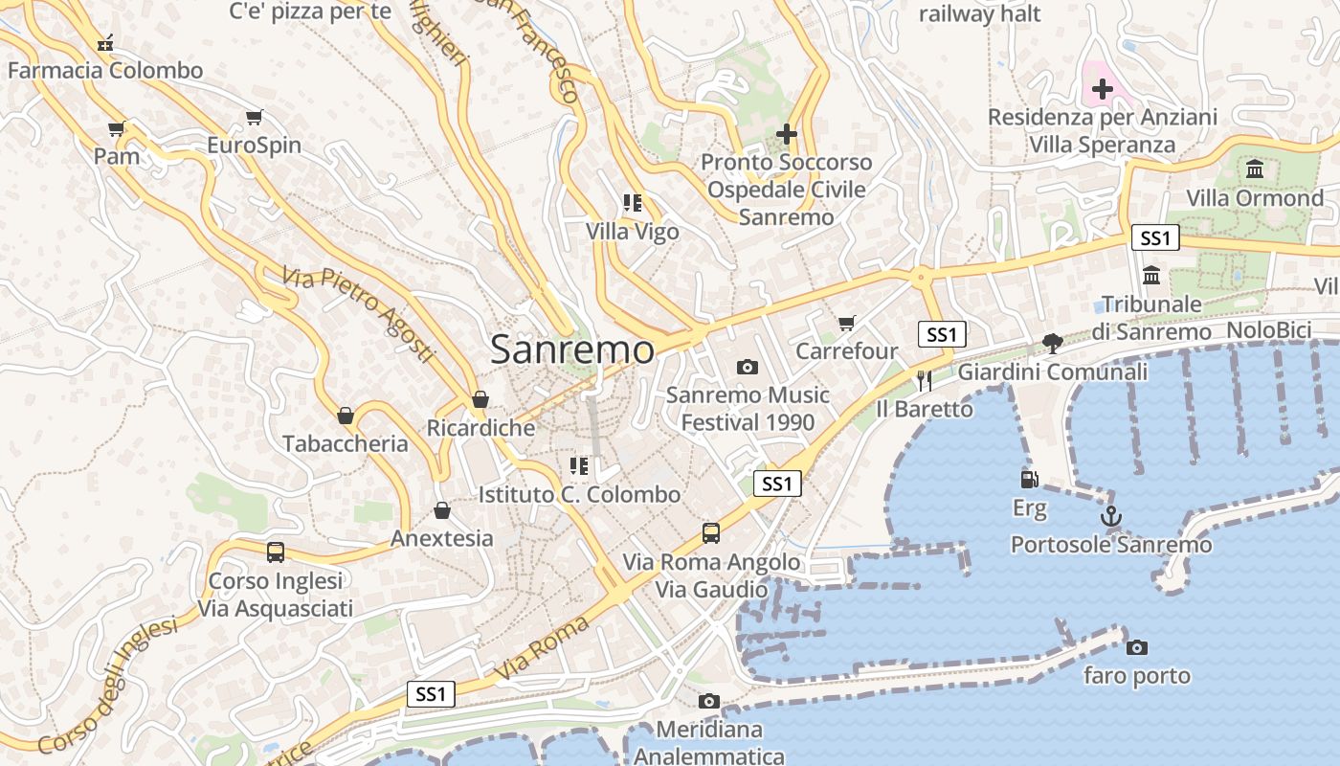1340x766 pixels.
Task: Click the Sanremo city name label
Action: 572,349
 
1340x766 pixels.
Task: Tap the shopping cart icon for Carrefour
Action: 846,324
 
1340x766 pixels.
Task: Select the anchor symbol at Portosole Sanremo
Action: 1110,517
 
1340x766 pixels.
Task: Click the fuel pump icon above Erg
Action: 1030,479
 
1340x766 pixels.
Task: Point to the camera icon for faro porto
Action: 1137,647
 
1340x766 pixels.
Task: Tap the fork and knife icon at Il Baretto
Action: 924,381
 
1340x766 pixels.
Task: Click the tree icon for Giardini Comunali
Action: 1052,344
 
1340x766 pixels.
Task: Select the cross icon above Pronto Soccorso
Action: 787,134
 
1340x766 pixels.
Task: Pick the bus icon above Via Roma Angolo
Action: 711,533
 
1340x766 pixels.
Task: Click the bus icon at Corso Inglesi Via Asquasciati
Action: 276,552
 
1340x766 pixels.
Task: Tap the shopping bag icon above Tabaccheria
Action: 346,416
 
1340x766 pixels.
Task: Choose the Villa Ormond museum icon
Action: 1255,169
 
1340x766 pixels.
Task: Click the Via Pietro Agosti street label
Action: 358,314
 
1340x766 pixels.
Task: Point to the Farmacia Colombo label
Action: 105,71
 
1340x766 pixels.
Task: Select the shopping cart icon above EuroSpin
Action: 254,118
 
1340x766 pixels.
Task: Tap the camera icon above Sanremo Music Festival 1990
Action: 748,367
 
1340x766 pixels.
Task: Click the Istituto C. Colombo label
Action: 579,495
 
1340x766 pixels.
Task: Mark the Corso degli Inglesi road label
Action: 108,686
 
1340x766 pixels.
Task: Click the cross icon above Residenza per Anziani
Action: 1103,89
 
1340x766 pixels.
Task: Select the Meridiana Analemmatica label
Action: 709,743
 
